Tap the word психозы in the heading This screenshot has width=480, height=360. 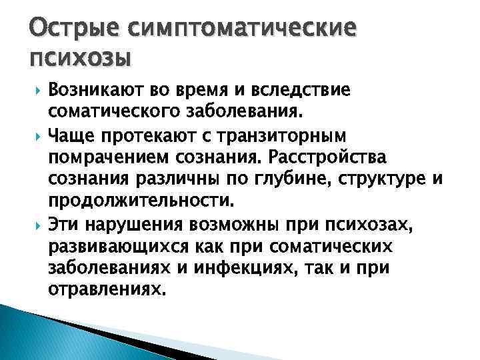click(79, 59)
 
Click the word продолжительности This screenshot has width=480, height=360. click(138, 200)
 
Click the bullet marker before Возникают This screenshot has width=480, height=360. click(37, 90)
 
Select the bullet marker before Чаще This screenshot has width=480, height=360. click(37, 137)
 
